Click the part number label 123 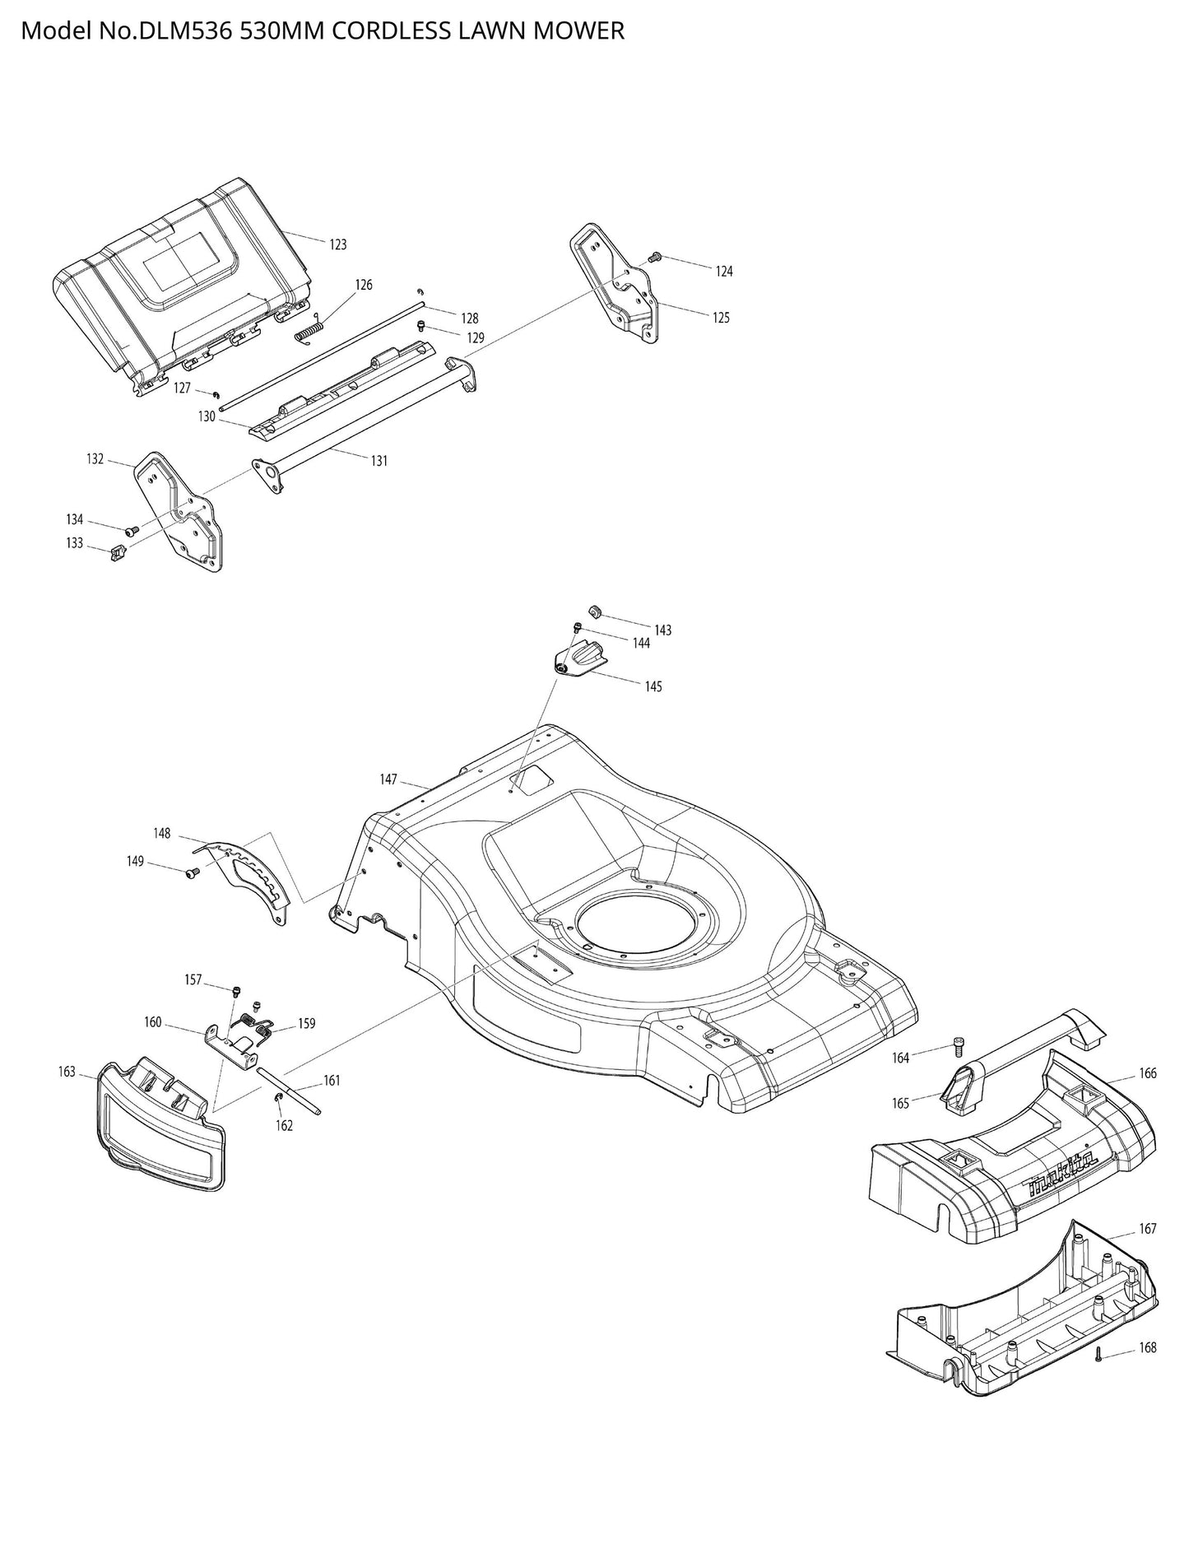pyautogui.click(x=337, y=244)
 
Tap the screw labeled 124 pyautogui.click(x=655, y=257)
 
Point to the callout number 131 pyautogui.click(x=379, y=461)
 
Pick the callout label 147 pyautogui.click(x=388, y=779)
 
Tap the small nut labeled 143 pyautogui.click(x=597, y=611)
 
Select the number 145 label pyautogui.click(x=653, y=686)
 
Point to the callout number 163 pyautogui.click(x=67, y=1072)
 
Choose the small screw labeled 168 pyautogui.click(x=1098, y=1356)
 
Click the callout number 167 pyautogui.click(x=1147, y=1229)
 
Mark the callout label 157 pyautogui.click(x=193, y=980)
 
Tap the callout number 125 pyautogui.click(x=721, y=318)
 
